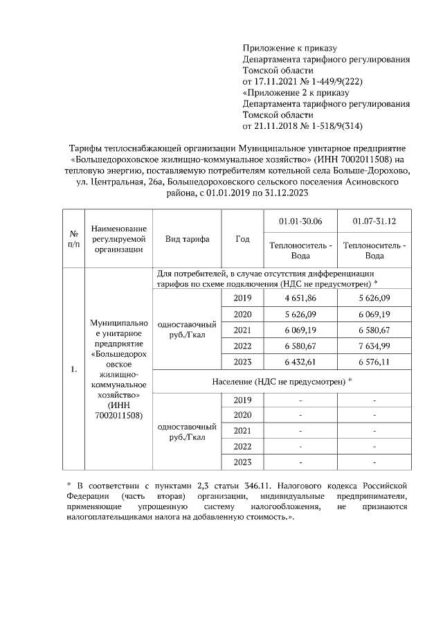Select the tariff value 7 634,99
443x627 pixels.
tap(374, 345)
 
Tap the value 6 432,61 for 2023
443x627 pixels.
tap(301, 361)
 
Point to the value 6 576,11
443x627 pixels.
tap(374, 361)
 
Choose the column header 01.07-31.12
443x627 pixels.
tap(374, 221)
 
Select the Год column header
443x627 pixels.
tap(242, 238)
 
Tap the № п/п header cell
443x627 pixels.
tap(73, 238)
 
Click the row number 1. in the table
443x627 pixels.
tap(73, 369)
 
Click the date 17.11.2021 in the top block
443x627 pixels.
tap(276, 82)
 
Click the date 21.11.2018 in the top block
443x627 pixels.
tap(276, 126)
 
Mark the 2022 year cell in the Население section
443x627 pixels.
tap(242, 446)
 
